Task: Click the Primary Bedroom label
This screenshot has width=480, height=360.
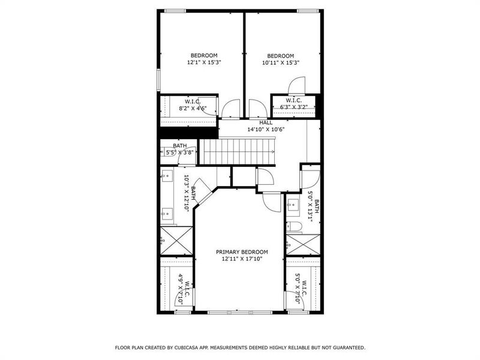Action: [242, 252]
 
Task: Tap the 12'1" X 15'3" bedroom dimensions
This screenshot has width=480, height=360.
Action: [204, 62]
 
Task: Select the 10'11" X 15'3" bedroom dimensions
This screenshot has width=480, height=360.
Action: [280, 62]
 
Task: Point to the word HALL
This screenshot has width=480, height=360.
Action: [266, 122]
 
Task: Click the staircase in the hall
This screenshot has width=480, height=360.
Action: [236, 151]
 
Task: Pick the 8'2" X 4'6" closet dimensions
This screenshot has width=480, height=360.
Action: [192, 108]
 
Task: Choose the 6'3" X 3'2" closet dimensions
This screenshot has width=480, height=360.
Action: [293, 107]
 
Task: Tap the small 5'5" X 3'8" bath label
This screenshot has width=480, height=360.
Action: [180, 153]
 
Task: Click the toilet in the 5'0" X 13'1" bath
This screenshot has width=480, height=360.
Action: [295, 227]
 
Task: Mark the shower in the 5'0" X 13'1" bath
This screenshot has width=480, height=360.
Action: [302, 245]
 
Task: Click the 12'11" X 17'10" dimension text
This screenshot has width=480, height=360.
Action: [242, 259]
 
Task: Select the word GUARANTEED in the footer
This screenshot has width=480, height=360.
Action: [345, 347]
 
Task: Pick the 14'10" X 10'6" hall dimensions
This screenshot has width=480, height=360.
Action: [266, 129]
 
